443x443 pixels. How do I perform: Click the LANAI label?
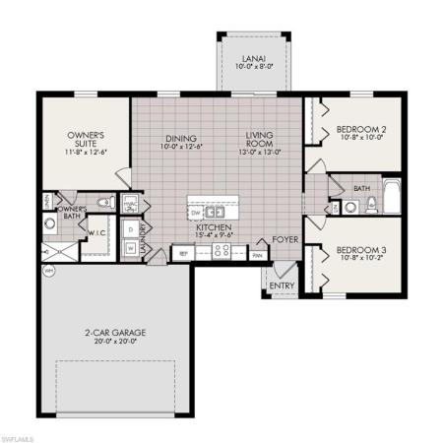252,60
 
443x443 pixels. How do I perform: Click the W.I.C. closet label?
96,232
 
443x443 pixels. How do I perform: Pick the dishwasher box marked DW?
195,211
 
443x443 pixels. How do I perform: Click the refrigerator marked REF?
182,253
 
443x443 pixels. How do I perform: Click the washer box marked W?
132,248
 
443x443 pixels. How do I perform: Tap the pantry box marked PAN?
257,253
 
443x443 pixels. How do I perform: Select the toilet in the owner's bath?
51,225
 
